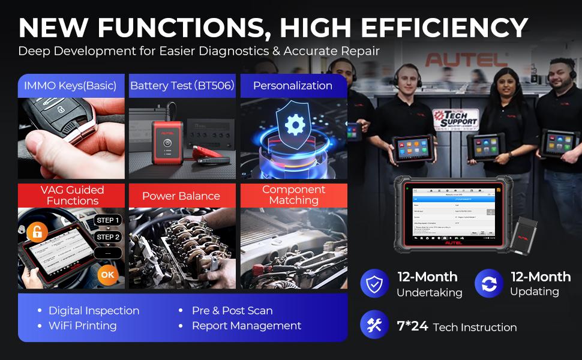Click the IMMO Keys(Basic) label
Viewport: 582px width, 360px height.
[x=70, y=86]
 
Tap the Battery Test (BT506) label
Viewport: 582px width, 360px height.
[x=182, y=86]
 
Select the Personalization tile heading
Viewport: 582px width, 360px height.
[x=293, y=86]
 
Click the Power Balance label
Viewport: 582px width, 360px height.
[x=181, y=196]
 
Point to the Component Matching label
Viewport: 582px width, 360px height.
[x=293, y=195]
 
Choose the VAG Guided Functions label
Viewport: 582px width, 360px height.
[x=73, y=196]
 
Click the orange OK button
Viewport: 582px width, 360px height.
[x=107, y=275]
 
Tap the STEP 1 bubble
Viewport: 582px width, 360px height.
[x=109, y=220]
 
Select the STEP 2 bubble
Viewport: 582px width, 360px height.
[x=109, y=237]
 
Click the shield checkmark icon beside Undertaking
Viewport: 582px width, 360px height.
[x=375, y=284]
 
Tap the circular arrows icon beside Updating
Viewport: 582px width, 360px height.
[x=489, y=284]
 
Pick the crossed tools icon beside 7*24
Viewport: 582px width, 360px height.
[x=375, y=325]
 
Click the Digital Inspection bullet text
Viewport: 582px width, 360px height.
[x=94, y=311]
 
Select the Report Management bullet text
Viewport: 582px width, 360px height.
[x=247, y=326]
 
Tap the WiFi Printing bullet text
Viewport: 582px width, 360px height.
[x=83, y=326]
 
